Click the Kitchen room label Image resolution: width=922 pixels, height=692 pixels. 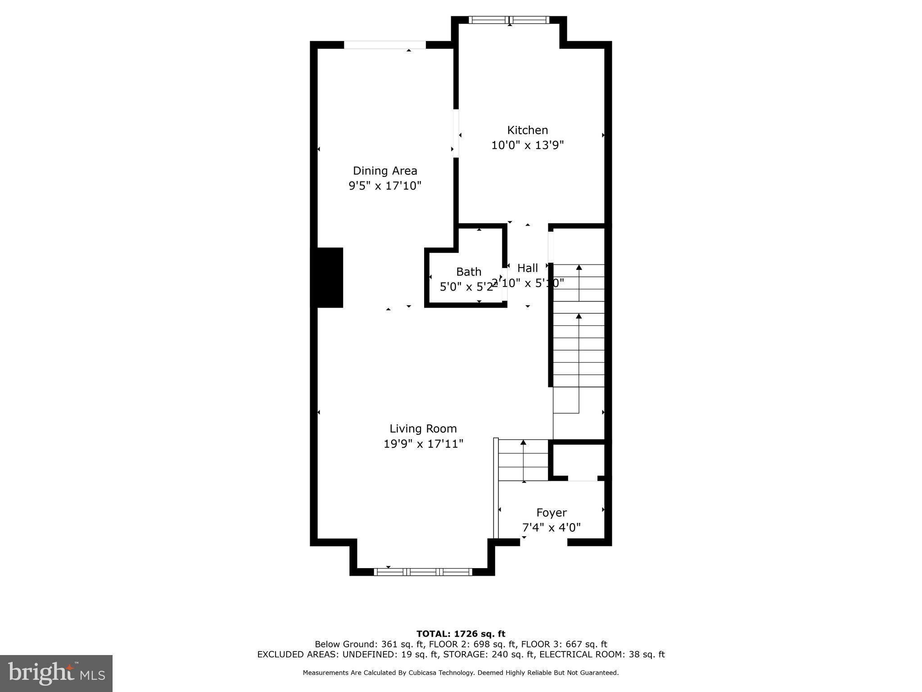click(x=527, y=130)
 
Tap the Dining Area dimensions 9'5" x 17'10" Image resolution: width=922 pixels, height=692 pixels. click(x=385, y=186)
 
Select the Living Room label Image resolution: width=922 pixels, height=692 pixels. click(x=423, y=428)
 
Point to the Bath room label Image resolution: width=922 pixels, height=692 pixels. click(x=469, y=272)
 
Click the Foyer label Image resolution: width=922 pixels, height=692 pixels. click(x=551, y=513)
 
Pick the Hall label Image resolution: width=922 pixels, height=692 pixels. click(x=527, y=268)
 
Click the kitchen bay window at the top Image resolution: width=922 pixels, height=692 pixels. click(x=509, y=20)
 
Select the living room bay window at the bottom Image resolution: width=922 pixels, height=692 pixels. click(x=423, y=572)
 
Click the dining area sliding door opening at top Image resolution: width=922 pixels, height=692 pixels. click(x=385, y=45)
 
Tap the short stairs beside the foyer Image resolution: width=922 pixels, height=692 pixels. click(x=524, y=460)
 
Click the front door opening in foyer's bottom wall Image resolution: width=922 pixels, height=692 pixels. click(x=543, y=542)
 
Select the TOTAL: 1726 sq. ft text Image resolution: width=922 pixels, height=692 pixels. click(x=461, y=634)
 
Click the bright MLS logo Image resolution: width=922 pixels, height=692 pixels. click(x=56, y=673)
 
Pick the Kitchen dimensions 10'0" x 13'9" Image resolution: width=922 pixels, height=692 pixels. click(x=527, y=145)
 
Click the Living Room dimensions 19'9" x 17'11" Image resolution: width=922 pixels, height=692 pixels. click(x=423, y=444)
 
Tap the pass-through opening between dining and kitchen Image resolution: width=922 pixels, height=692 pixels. click(x=456, y=133)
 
